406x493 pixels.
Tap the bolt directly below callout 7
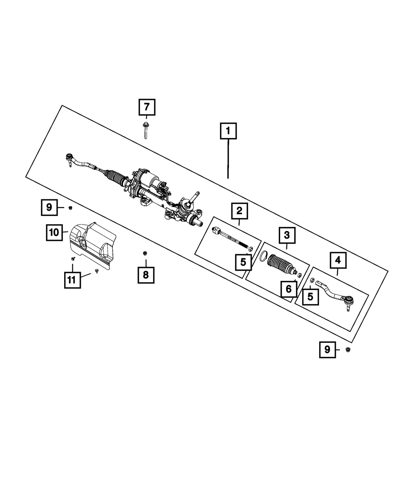coord(145,130)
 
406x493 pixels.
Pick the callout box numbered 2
coord(239,211)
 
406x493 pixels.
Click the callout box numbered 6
coord(289,289)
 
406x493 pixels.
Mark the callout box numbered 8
coord(146,275)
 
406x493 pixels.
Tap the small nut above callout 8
coord(144,253)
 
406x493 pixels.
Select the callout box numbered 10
coord(54,233)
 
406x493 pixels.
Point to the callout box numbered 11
coord(72,280)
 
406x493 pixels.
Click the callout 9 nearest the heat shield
coord(49,208)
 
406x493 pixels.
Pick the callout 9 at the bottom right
coord(327,349)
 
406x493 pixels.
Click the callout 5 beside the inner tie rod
coord(243,262)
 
